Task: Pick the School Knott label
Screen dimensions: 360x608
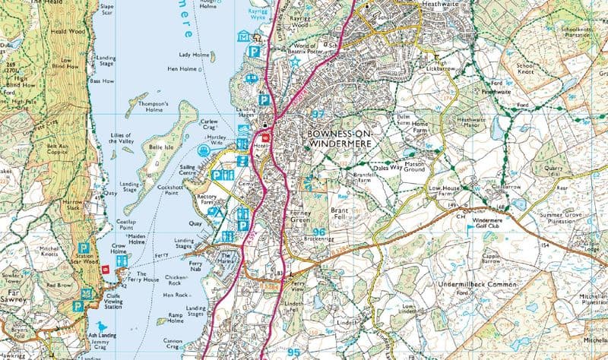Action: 527,71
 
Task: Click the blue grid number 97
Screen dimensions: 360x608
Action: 318,113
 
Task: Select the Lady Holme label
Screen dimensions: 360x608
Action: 193,55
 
